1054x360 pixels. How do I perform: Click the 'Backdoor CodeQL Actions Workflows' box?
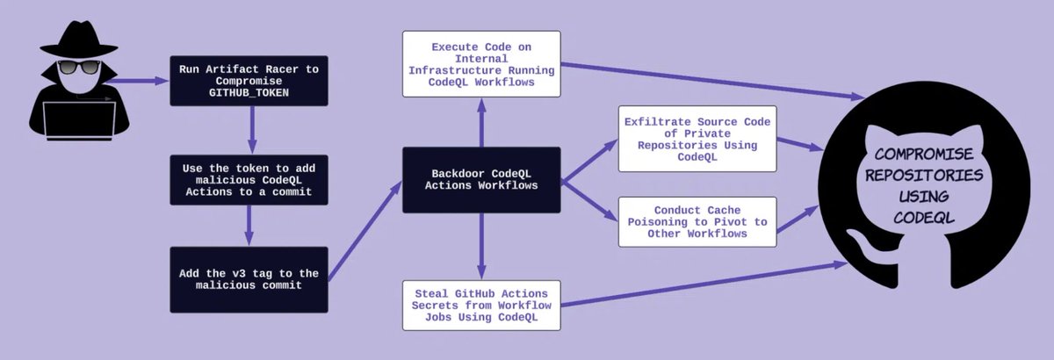pos(480,179)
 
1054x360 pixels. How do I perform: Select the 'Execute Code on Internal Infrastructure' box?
pos(480,64)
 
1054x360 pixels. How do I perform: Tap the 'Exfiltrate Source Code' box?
pos(697,139)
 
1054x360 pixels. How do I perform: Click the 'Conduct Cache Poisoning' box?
pos(697,221)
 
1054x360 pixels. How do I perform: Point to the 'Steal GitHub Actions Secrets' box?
pos(480,305)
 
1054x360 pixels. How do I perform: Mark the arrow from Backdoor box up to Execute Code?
pos(481,122)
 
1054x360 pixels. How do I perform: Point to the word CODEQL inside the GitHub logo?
pos(923,216)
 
